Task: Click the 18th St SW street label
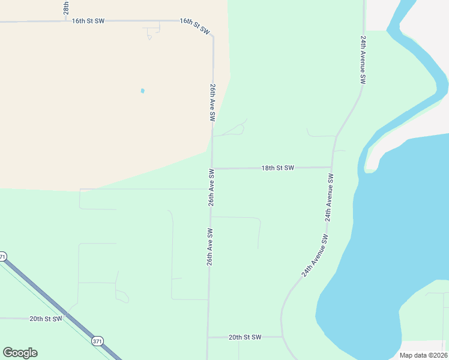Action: tap(277, 168)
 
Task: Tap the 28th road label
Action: tap(66, 7)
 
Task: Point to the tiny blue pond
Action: tap(142, 91)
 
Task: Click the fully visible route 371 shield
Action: tap(97, 341)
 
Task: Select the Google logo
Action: tap(20, 353)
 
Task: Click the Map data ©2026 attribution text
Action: tap(423, 355)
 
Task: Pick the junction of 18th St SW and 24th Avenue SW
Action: tap(332, 167)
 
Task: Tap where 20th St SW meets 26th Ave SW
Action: tap(208, 337)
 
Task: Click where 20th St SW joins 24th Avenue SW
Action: tap(282, 337)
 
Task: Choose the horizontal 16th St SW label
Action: tap(88, 21)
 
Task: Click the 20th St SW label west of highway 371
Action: tap(46, 319)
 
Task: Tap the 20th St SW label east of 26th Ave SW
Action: tap(245, 337)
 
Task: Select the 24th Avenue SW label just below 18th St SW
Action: tap(329, 198)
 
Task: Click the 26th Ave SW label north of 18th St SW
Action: tap(212, 103)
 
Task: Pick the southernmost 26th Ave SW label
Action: tap(210, 247)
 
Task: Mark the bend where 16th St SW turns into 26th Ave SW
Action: tap(213, 37)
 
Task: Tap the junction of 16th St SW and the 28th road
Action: tap(66, 21)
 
